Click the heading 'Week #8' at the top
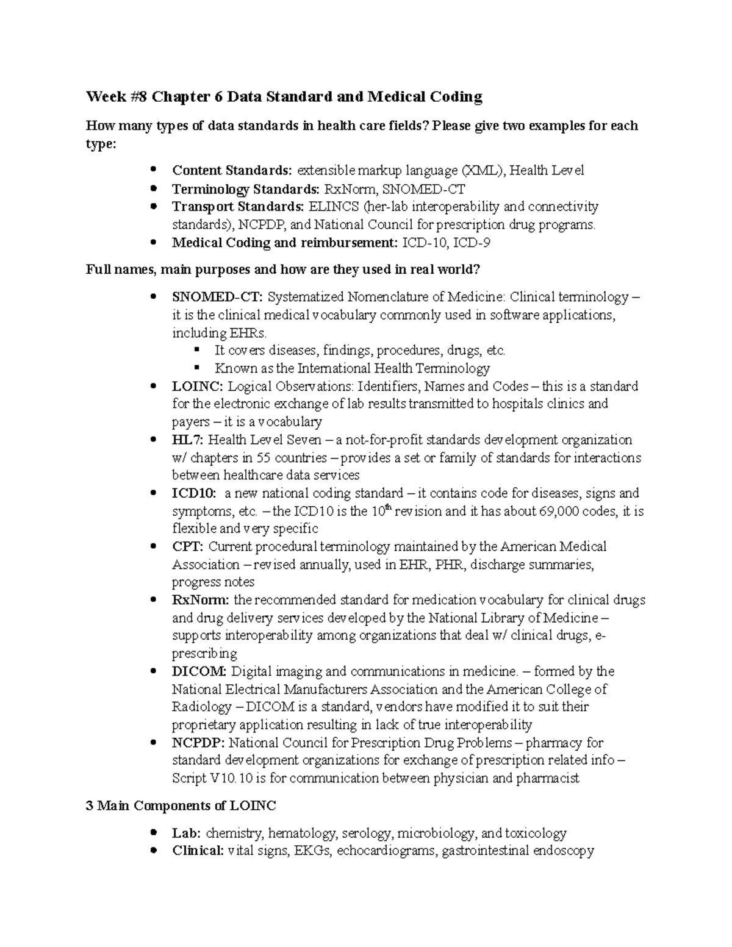[116, 96]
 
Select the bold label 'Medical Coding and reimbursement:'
[285, 242]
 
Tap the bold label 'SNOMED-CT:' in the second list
[218, 297]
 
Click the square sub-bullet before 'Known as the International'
[196, 368]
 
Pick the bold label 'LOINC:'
[198, 386]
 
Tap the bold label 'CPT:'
[188, 546]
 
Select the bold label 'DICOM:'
[199, 671]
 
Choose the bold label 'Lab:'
[187, 833]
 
